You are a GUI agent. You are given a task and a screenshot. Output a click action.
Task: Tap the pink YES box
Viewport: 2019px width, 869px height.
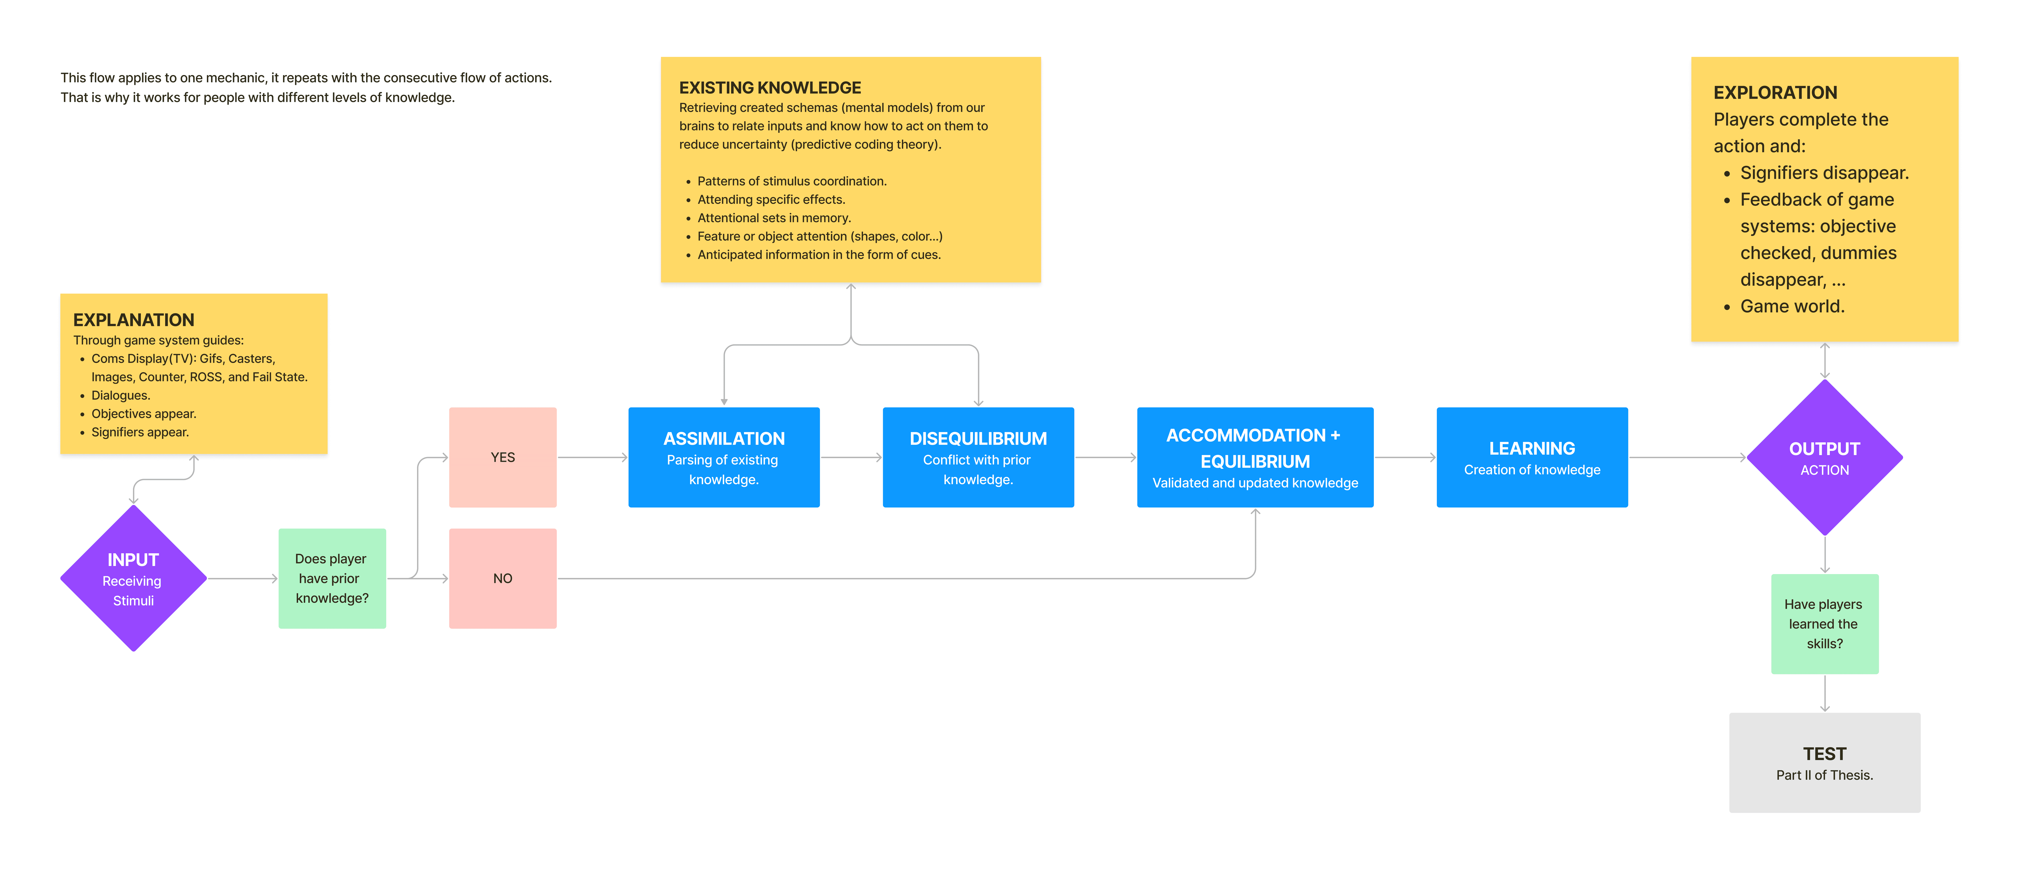pyautogui.click(x=502, y=457)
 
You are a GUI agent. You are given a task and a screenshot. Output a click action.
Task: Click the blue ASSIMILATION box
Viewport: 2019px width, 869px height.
pyautogui.click(x=723, y=457)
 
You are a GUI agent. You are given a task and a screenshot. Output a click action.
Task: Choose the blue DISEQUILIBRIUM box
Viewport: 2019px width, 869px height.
pyautogui.click(x=977, y=457)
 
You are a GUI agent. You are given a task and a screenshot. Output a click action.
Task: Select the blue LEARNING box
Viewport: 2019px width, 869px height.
pyautogui.click(x=1532, y=457)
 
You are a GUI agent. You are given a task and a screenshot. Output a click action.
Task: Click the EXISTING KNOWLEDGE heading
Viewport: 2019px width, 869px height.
pyautogui.click(x=770, y=88)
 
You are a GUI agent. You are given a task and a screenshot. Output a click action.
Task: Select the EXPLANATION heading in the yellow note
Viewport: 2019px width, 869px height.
pyautogui.click(x=133, y=320)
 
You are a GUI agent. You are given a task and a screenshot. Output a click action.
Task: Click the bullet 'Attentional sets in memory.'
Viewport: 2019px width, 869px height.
pyautogui.click(x=774, y=218)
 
